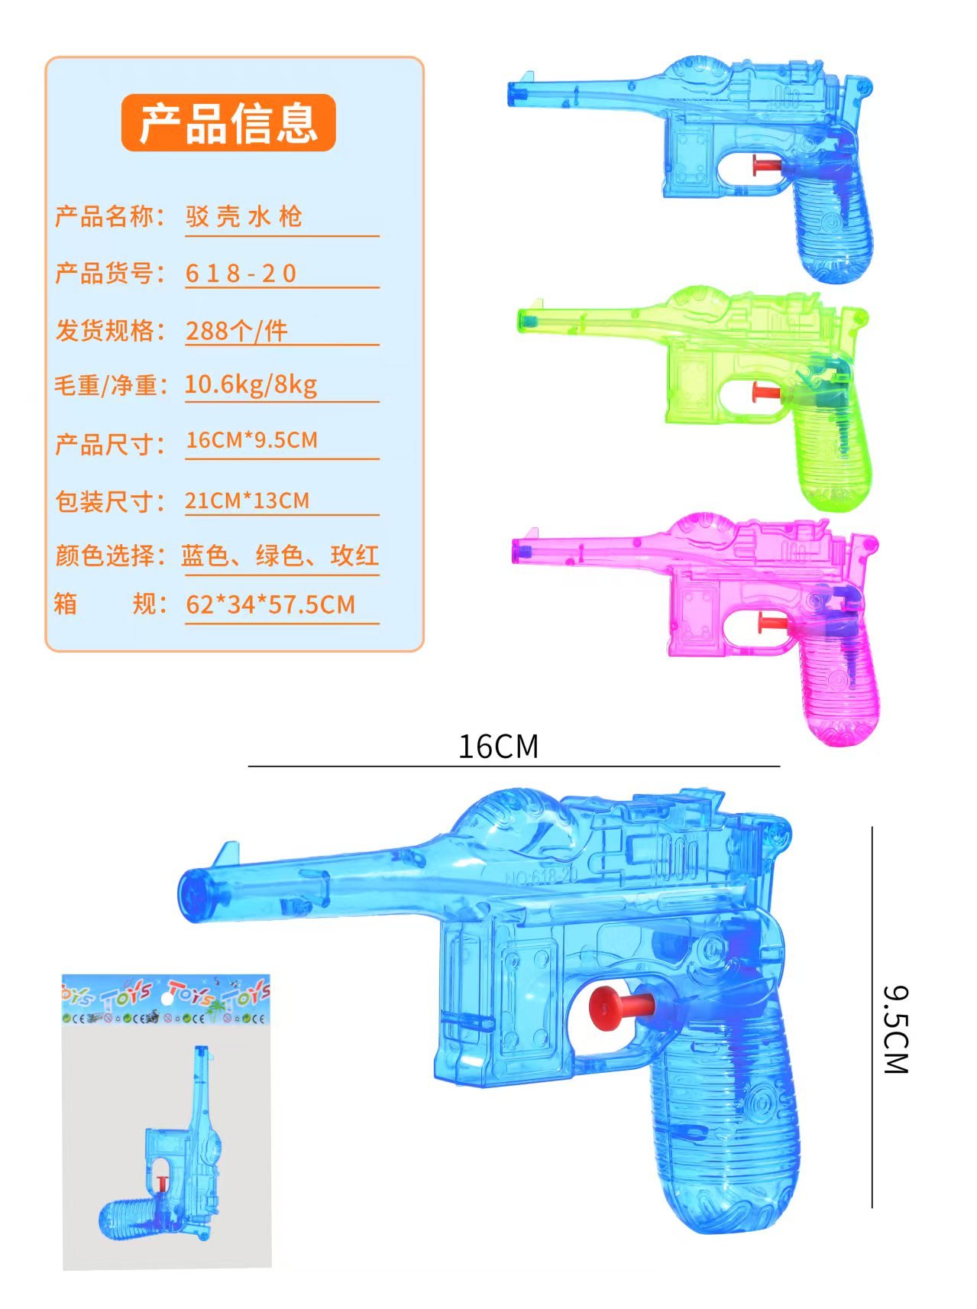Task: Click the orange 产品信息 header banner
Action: click(228, 122)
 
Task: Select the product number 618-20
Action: click(241, 273)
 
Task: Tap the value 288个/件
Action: click(237, 330)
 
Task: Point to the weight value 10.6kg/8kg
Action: click(251, 384)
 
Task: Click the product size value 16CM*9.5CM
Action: click(251, 440)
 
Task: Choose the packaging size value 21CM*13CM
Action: click(247, 501)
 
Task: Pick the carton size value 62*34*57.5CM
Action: click(270, 604)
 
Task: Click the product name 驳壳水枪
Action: click(244, 216)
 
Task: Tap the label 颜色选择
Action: click(105, 555)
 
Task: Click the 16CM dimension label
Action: click(498, 747)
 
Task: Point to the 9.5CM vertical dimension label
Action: click(895, 1029)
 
